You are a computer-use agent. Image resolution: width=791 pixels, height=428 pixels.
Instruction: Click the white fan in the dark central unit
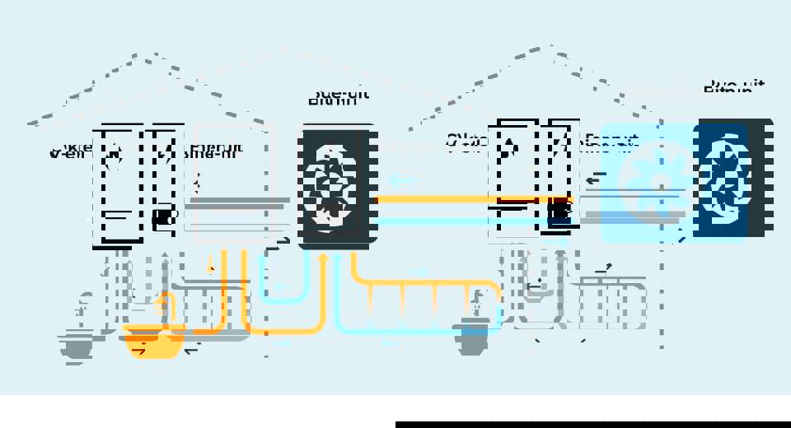tap(330, 185)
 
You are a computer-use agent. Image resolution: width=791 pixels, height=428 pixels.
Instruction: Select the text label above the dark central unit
tap(338, 96)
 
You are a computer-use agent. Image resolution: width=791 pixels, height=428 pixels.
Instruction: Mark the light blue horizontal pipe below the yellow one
tap(461, 221)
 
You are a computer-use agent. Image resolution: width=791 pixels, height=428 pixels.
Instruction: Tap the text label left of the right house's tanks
tap(466, 141)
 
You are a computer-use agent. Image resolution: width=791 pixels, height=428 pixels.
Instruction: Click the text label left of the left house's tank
tap(69, 151)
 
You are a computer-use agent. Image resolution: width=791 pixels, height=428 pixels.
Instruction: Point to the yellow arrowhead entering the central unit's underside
tap(323, 258)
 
